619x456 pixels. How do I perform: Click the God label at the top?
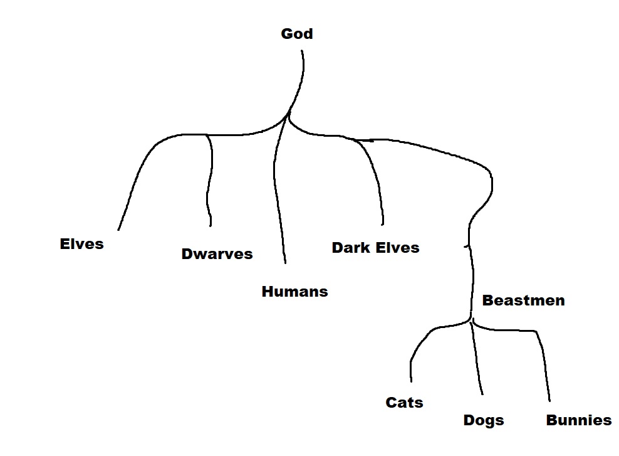click(296, 34)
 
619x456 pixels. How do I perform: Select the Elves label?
click(81, 244)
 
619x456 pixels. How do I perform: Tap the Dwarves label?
click(217, 254)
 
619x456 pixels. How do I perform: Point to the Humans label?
click(294, 292)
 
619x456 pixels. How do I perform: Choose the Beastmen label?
click(523, 300)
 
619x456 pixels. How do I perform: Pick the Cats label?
click(404, 403)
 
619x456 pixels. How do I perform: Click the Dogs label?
click(483, 420)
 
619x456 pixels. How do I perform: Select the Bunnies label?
click(578, 420)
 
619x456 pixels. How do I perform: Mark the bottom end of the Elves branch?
click(118, 230)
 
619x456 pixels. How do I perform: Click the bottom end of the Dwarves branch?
click(210, 225)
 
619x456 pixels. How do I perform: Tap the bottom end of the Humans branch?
click(285, 262)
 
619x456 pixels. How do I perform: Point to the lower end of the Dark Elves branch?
click(382, 224)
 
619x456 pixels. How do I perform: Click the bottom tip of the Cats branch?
click(411, 381)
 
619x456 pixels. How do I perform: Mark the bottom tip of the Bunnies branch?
click(549, 400)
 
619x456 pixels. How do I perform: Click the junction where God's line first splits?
click(289, 115)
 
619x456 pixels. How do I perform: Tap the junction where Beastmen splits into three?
click(471, 320)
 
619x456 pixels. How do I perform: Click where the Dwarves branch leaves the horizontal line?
click(207, 135)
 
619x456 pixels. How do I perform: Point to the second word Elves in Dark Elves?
click(398, 248)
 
